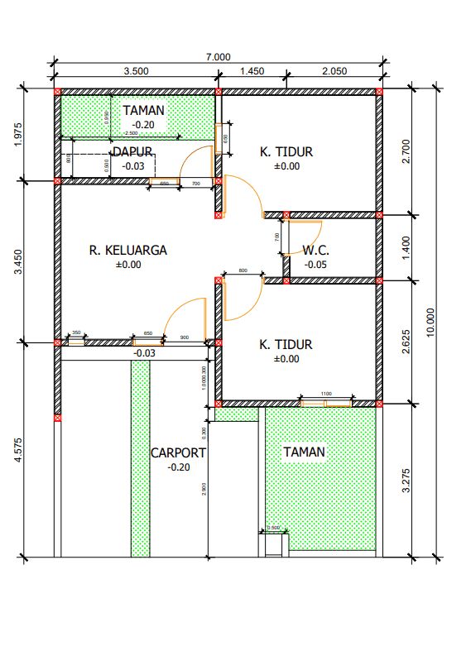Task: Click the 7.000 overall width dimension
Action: coord(218,57)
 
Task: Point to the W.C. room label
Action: coord(316,250)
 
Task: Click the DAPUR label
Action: coord(132,152)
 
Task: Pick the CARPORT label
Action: coord(178,453)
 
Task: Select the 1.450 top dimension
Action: coord(252,71)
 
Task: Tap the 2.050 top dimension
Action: coord(334,71)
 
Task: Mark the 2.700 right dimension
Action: coord(405,151)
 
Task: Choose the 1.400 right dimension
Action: coord(405,246)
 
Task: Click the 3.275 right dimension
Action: coord(405,481)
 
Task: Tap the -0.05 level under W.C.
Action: coord(315,265)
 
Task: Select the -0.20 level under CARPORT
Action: coord(178,467)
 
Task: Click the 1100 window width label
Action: coord(325,395)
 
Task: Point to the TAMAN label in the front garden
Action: coord(304,452)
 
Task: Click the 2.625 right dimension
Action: coord(405,342)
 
